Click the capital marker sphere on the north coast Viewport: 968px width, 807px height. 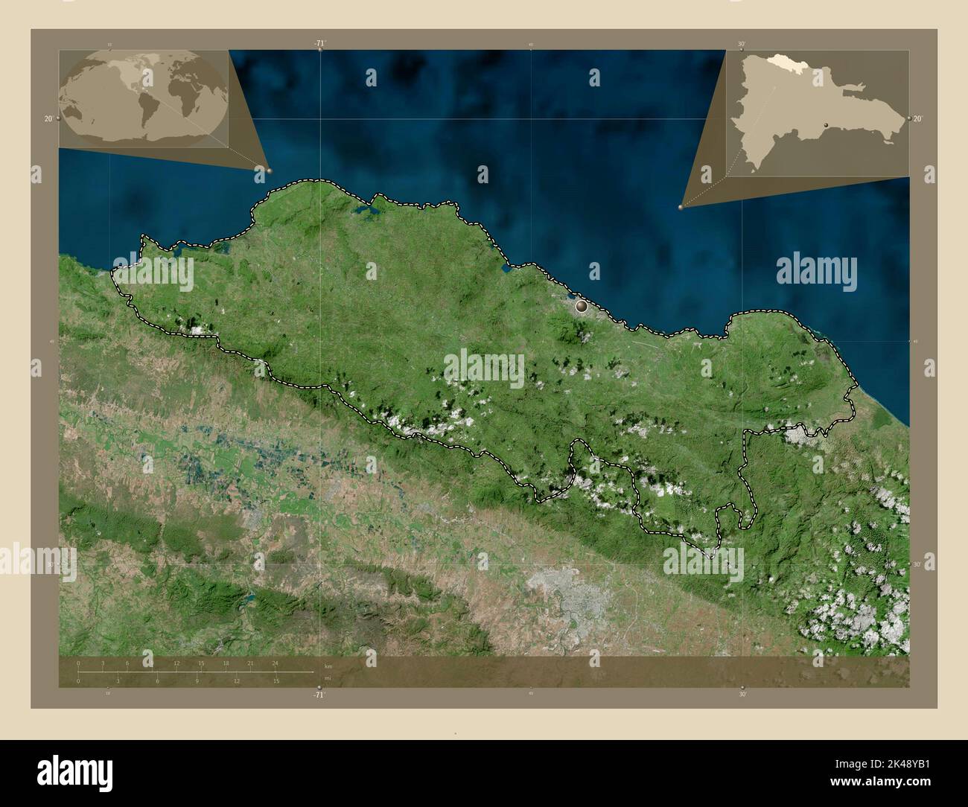point(582,304)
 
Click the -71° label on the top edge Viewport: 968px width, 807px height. point(319,44)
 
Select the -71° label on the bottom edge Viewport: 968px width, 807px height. point(319,695)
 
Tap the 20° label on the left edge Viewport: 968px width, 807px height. point(48,119)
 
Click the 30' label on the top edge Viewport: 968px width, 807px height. point(742,44)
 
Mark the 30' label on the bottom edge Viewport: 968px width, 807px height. point(742,695)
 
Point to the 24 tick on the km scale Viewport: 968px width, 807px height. point(276,663)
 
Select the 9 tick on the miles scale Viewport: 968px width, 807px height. point(197,680)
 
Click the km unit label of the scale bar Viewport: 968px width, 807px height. point(328,666)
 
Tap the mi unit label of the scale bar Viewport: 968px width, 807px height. point(328,678)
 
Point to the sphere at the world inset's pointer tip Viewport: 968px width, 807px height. point(269,170)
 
